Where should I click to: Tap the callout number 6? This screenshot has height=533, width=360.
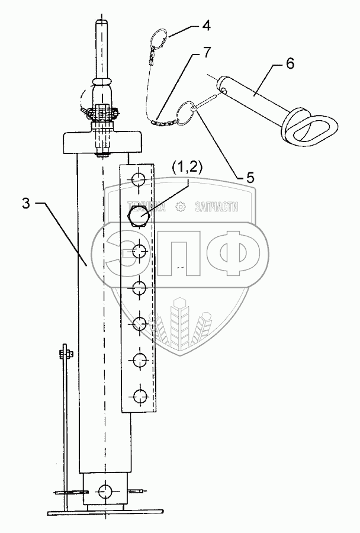click(290, 63)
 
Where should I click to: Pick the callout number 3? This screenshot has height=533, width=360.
click(27, 203)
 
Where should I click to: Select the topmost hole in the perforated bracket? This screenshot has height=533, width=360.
click(139, 178)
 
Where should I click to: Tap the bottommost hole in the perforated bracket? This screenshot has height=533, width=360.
click(139, 395)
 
